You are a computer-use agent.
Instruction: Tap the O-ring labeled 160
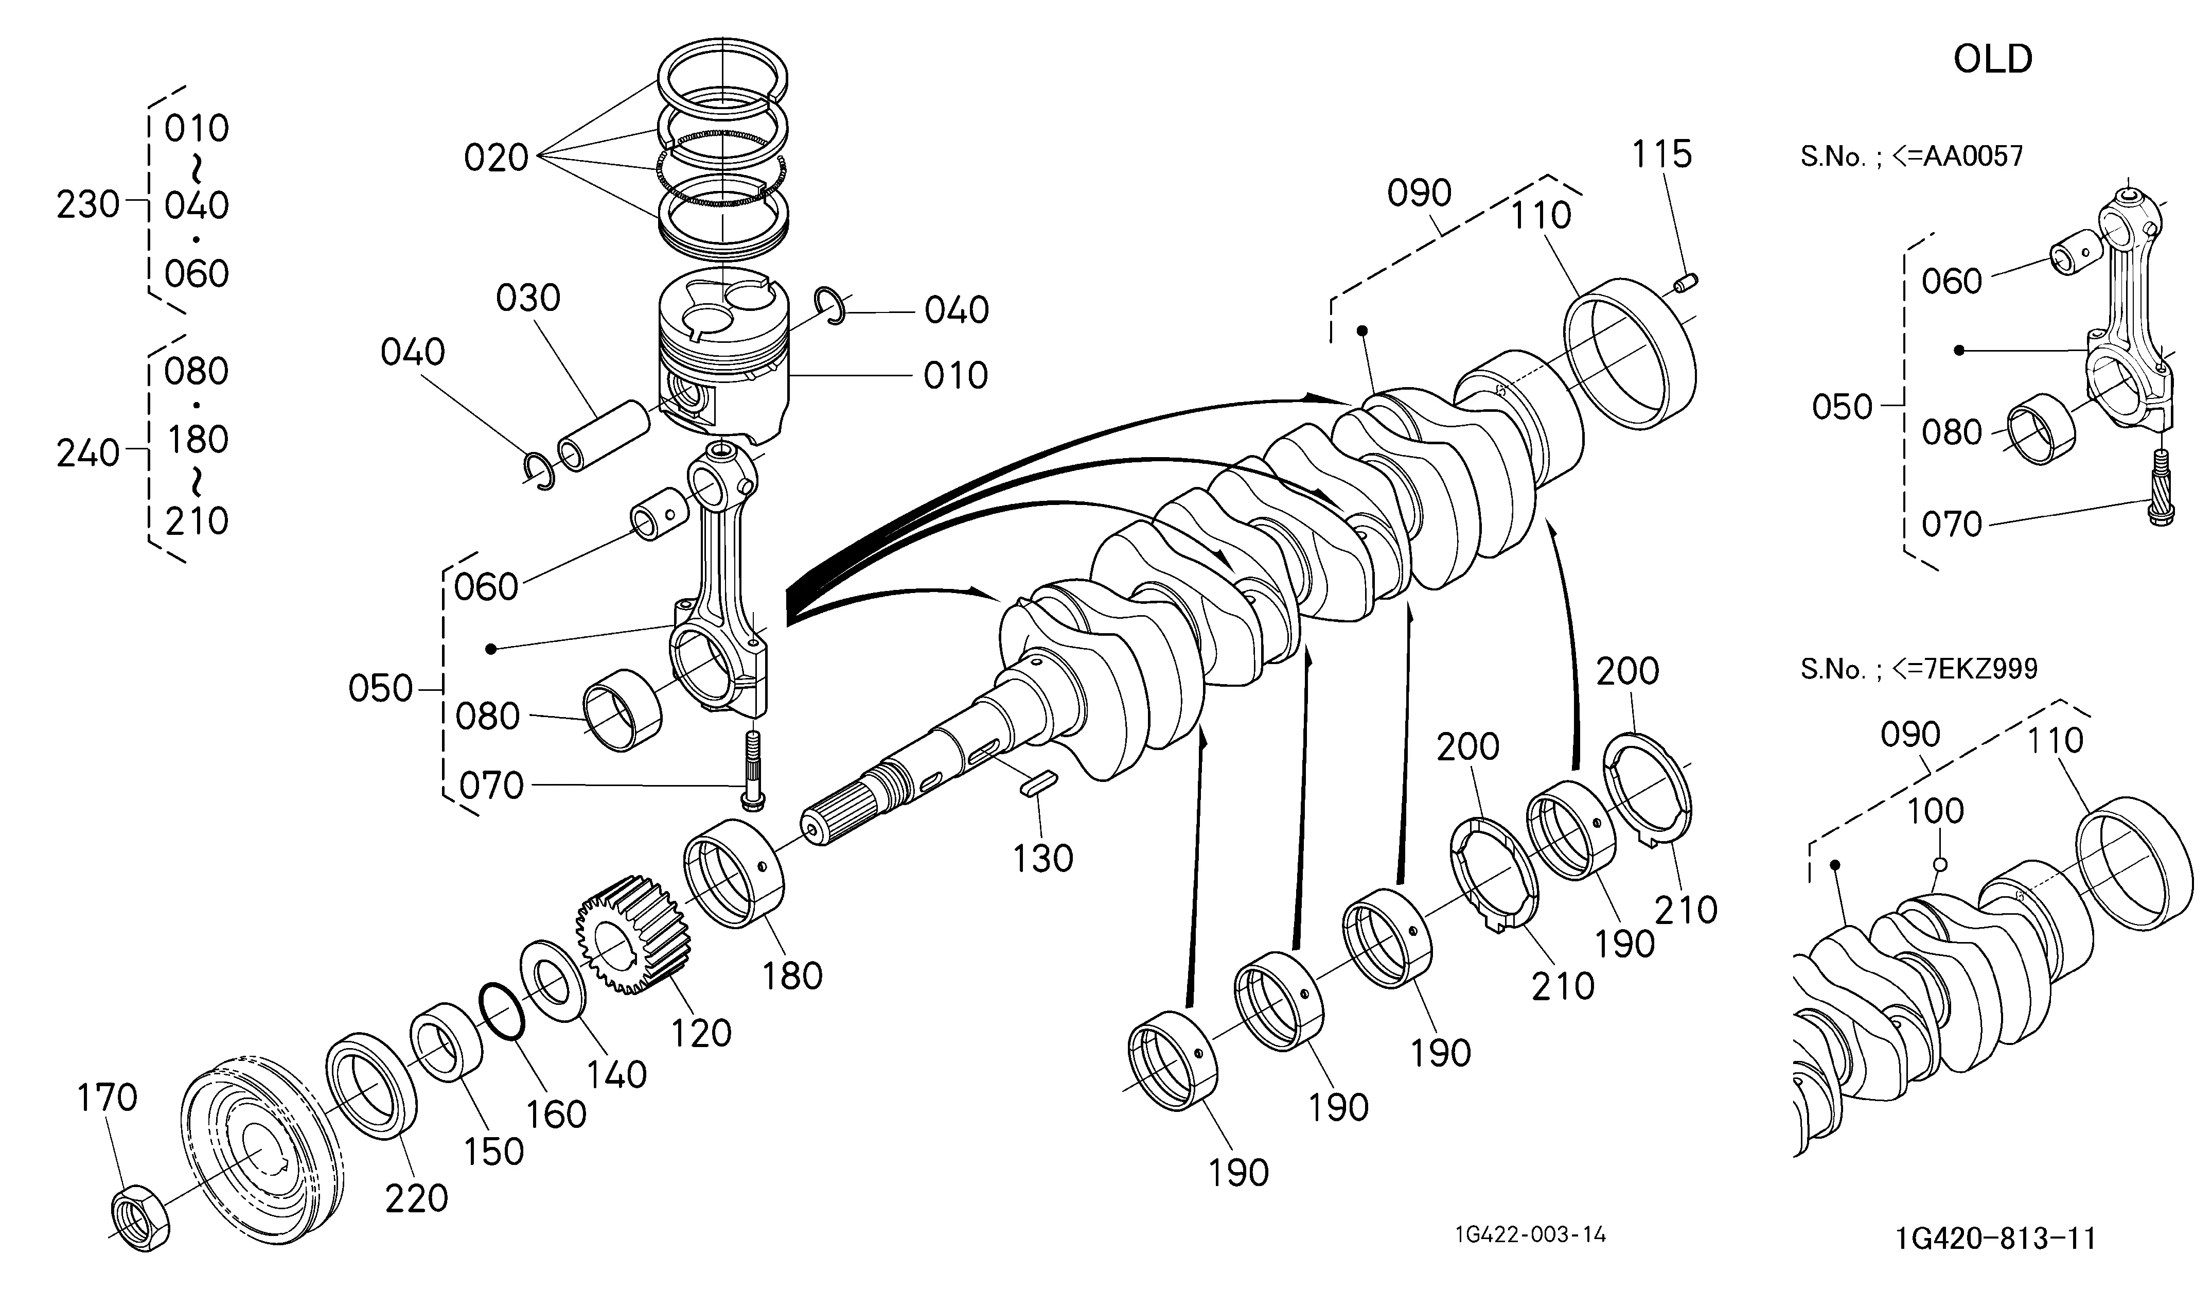pos(503,1011)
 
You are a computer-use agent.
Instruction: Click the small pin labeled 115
pos(1685,283)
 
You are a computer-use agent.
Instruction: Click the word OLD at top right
pos(1993,59)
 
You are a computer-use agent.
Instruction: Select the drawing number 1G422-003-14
pos(1530,1234)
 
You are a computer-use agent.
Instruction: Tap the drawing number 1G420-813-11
pos(1996,1238)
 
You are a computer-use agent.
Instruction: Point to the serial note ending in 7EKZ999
pos(1919,669)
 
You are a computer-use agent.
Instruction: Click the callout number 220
pos(417,1198)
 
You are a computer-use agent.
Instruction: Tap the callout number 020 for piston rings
pos(496,158)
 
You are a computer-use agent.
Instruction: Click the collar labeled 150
pos(447,1043)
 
